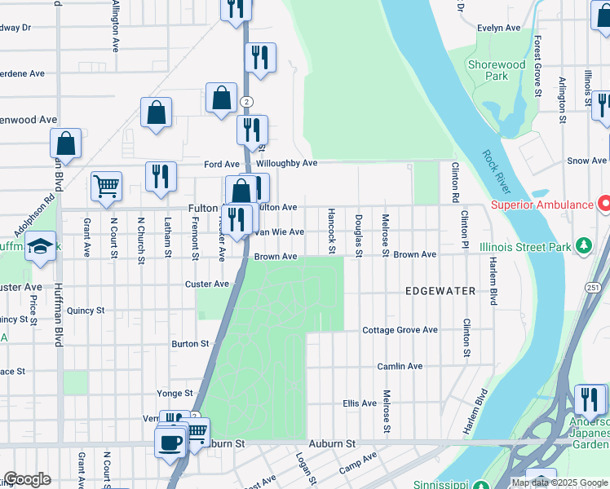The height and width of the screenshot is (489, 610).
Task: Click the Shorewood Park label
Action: point(496,70)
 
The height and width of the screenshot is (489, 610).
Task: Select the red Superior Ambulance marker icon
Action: point(604,204)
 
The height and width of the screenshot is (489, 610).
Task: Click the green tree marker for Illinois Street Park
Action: point(583,244)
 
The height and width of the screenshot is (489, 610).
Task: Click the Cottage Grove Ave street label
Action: point(400,330)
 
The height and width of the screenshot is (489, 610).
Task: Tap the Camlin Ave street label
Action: point(400,367)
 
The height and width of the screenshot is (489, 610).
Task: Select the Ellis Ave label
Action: point(359,403)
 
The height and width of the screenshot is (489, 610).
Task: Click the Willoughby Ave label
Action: point(286,163)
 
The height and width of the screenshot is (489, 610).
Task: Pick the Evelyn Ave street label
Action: point(499,28)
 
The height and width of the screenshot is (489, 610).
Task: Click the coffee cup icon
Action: point(170,443)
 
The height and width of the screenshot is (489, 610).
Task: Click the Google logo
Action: point(27,479)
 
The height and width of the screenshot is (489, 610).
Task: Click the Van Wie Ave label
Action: point(280,232)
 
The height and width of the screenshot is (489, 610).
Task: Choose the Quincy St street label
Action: point(86,311)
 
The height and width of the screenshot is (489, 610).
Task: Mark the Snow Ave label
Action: point(586,161)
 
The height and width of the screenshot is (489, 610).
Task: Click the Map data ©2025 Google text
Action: point(559,482)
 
